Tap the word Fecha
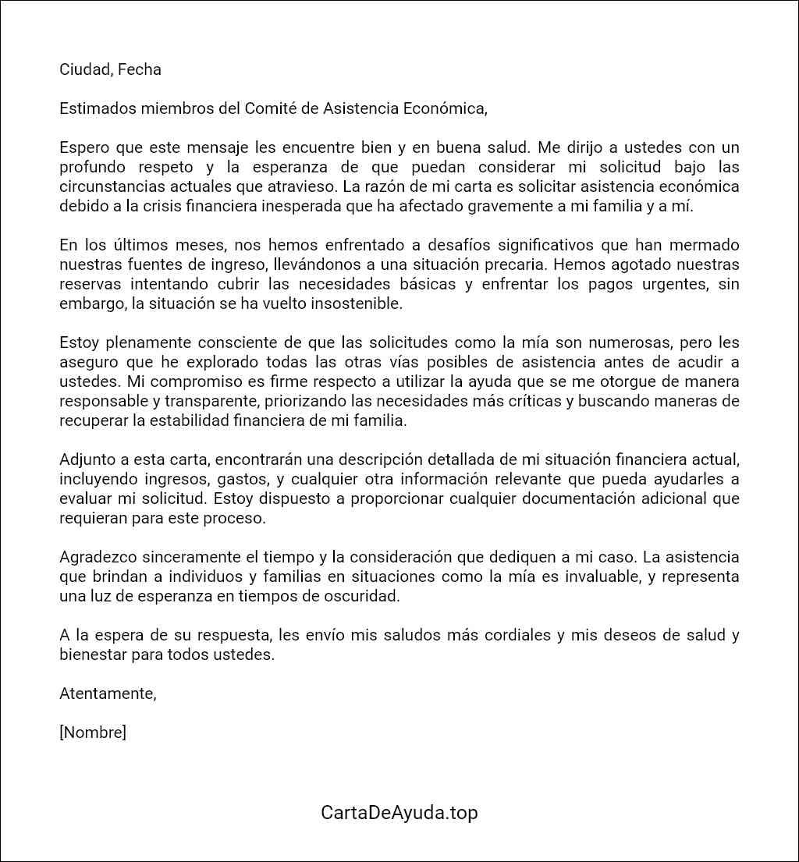coord(140,69)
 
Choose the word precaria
coord(460,264)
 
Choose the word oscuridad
coord(364,596)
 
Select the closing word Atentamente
coord(108,694)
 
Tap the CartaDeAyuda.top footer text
coord(399,812)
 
